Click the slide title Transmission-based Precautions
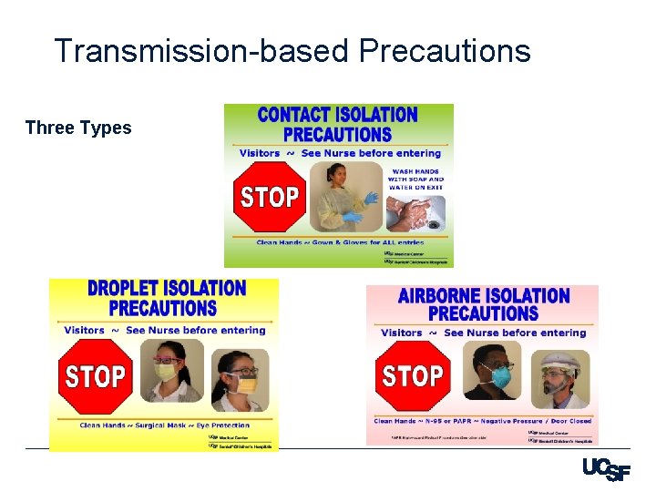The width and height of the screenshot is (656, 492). point(292,51)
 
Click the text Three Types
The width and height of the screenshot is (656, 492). point(78,128)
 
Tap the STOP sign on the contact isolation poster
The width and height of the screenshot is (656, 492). point(269,197)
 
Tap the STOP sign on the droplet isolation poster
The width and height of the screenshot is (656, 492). point(95,376)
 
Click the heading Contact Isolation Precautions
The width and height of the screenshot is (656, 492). point(338,125)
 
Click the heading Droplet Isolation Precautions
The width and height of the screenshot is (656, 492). point(165,298)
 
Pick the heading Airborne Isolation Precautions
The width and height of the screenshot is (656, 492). point(483,304)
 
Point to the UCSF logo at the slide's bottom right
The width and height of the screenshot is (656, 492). point(605,470)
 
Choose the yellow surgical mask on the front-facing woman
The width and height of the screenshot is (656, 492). point(166,373)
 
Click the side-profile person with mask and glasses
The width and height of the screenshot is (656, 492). point(239,377)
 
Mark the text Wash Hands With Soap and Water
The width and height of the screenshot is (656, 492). point(415,179)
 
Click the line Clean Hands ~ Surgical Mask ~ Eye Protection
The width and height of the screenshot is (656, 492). point(164,425)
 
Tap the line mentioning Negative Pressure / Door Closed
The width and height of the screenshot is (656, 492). point(484,421)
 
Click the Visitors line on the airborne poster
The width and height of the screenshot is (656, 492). point(483,333)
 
